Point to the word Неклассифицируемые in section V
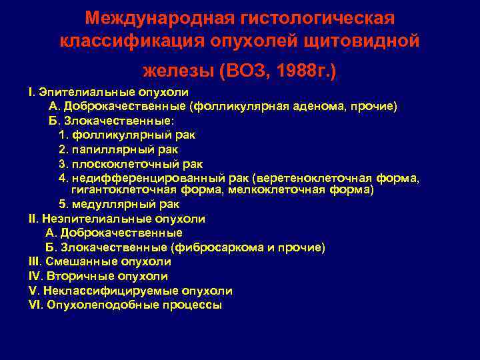tap(108, 291)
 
